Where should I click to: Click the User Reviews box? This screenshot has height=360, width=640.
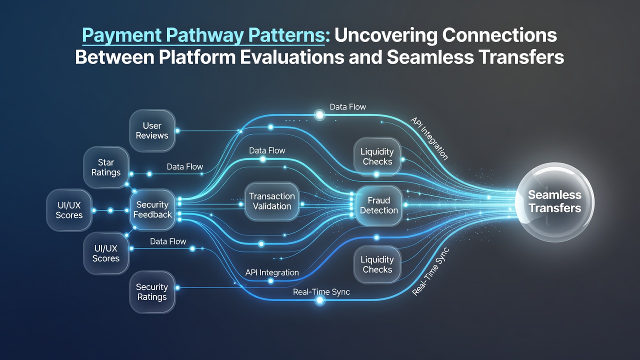(x=152, y=130)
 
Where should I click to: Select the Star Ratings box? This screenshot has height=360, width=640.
(x=106, y=167)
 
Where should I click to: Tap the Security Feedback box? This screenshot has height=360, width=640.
(x=152, y=209)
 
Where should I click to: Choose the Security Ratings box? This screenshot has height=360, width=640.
(x=152, y=291)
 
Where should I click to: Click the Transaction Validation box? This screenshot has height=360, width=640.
(x=271, y=201)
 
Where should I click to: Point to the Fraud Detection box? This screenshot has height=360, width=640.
(x=379, y=205)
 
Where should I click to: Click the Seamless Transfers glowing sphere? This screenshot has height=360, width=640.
(x=554, y=202)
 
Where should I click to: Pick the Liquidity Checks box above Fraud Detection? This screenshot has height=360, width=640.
(x=377, y=156)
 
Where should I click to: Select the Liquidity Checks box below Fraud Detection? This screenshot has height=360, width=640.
(x=377, y=264)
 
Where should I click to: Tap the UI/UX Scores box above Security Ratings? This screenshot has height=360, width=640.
(x=106, y=253)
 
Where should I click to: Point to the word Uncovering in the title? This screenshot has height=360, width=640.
(x=386, y=36)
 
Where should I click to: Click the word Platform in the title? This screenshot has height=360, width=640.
(x=197, y=57)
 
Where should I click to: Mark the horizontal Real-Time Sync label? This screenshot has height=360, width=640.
(x=321, y=292)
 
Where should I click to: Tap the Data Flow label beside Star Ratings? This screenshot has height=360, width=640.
(x=185, y=166)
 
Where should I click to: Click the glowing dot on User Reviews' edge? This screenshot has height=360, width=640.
(x=177, y=131)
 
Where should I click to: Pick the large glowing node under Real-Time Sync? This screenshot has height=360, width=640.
(x=319, y=300)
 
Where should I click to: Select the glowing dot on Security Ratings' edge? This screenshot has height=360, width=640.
(x=177, y=287)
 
